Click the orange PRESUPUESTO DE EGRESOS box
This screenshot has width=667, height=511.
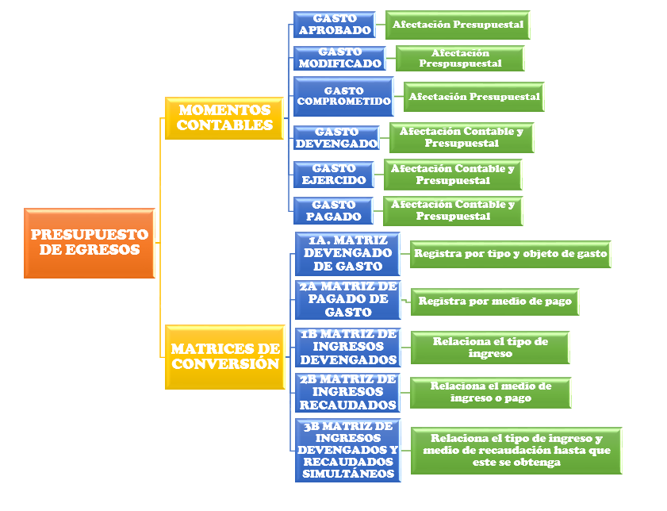coord(89,243)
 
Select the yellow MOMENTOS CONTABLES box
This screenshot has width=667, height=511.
coord(224,117)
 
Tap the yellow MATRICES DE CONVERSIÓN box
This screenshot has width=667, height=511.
coord(224,356)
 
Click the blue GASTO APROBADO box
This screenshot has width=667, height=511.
coord(335,25)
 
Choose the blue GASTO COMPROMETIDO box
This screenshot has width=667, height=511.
coord(343,97)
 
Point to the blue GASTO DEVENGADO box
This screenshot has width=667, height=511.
coord(336,138)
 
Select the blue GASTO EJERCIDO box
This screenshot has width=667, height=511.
coord(333,175)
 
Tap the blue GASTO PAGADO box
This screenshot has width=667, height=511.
coord(333,210)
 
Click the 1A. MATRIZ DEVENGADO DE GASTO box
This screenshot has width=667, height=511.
coord(347,254)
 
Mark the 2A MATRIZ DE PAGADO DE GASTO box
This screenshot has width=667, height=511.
coord(347,299)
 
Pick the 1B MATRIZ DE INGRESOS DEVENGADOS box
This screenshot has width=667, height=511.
coord(347,346)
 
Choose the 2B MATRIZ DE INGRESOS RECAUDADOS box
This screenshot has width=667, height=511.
coord(347,392)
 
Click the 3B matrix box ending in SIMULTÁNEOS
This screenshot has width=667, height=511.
coord(347,450)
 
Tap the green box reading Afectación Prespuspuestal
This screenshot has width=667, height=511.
coord(460,58)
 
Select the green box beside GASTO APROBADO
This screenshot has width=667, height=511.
coord(457,25)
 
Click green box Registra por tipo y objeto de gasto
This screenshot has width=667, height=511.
coord(511,255)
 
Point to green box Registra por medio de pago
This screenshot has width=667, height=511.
coord(495,302)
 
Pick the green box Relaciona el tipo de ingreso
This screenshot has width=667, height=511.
coord(490,347)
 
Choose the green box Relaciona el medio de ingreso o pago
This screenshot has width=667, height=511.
coord(490,392)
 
